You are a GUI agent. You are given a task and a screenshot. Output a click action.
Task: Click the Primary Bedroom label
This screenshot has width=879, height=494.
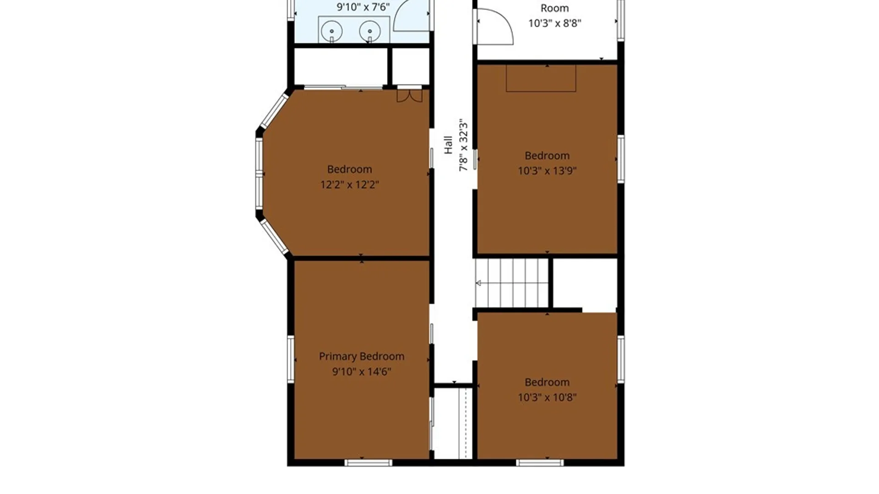coord(361,356)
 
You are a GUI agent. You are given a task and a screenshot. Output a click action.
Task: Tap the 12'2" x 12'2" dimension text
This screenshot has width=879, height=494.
coord(349,185)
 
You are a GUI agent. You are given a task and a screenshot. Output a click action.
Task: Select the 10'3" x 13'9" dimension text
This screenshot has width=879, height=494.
coord(547,171)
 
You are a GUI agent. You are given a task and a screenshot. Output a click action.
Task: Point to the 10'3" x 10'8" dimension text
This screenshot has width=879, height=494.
coord(547,397)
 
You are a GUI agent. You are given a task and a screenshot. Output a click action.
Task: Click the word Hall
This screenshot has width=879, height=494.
coord(448,145)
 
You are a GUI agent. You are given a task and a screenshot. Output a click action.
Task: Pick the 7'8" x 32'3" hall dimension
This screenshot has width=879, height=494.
coord(463,145)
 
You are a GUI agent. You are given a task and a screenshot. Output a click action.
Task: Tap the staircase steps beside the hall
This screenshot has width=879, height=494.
coord(511,283)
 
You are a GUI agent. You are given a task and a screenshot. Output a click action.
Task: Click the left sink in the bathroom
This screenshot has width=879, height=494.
coord(331,32)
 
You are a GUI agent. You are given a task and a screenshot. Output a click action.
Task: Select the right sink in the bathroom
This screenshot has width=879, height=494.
coord(370,32)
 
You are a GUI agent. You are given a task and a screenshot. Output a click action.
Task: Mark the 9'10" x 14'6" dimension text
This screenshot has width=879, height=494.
coord(361,371)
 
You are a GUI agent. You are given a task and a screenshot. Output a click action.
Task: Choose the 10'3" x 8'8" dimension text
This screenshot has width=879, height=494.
coord(554,23)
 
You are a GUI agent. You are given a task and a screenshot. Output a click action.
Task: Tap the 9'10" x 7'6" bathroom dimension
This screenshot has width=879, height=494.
coord(363,7)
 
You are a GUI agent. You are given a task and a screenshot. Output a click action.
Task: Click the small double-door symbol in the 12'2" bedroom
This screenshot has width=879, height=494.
coord(409,95)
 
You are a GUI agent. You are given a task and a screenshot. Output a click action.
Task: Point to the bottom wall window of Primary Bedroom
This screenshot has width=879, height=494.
coord(368,462)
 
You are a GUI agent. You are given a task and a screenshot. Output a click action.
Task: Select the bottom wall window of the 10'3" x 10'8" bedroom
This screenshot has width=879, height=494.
coord(540,462)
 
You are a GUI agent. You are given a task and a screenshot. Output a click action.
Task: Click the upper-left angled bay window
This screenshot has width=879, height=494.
coord(274,111)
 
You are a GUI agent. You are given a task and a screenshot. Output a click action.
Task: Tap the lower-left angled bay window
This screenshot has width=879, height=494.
coord(274,236)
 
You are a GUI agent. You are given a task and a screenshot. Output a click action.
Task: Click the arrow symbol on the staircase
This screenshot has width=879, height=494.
coord(478,283)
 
